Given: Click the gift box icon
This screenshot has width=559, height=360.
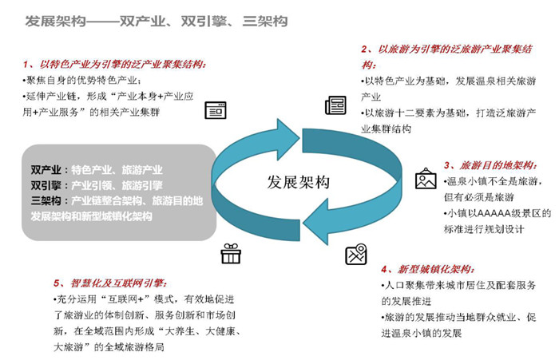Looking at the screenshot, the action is (x=231, y=253).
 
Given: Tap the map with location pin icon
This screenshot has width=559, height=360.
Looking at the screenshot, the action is (x=356, y=254).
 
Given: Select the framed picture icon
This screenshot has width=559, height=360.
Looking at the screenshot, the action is (x=426, y=178).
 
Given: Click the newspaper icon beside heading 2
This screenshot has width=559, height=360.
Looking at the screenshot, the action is (x=335, y=105).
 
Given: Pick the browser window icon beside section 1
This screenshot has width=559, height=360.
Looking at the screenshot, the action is (x=216, y=110).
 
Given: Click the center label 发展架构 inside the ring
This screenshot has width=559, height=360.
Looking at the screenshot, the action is (x=299, y=182).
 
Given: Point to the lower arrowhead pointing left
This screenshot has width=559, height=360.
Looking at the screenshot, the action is (x=315, y=222).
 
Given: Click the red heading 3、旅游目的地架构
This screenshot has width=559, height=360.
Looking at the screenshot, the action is (x=490, y=165).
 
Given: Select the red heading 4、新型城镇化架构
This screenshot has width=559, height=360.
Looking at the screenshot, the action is (x=428, y=269).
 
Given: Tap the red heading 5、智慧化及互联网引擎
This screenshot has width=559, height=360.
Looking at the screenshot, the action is (x=110, y=283).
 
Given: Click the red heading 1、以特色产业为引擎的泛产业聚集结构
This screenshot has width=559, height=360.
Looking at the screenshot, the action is (x=114, y=65).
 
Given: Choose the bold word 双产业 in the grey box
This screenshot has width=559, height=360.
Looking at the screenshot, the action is (x=46, y=170).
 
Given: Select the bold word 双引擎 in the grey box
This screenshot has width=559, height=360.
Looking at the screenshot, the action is (x=46, y=185).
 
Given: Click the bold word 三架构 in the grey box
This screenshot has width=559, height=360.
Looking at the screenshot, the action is (x=46, y=200).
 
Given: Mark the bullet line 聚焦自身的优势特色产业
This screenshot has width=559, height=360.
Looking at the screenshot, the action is (x=81, y=81).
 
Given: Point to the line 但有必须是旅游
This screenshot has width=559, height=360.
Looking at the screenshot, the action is (x=479, y=197).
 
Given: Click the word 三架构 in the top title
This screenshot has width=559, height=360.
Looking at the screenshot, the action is (x=265, y=22).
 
